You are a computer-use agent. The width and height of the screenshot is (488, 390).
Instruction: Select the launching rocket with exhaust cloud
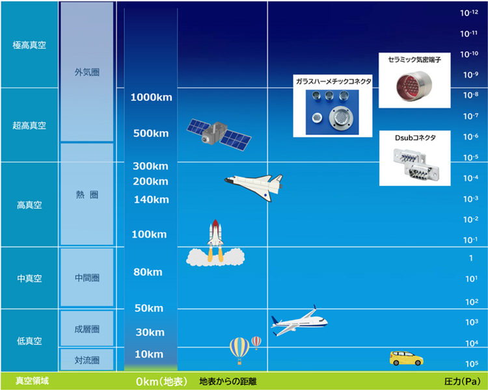pos(215,244)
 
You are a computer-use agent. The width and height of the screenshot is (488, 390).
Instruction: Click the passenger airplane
pos(299,321)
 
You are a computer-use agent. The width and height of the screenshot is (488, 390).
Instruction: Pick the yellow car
pos(406,358)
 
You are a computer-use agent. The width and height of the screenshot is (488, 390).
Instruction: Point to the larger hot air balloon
pos(239,350)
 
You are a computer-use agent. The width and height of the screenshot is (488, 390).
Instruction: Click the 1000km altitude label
pos(151,97)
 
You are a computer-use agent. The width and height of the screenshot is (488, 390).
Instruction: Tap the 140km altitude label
pos(151,200)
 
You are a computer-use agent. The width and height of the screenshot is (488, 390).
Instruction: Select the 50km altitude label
pos(149,308)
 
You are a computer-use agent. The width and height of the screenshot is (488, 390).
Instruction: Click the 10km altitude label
pos(149,354)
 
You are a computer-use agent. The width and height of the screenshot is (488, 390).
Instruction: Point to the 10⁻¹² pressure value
pos(469,12)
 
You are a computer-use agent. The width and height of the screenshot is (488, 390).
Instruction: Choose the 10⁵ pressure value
pos(472,363)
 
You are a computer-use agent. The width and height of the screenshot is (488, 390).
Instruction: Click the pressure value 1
pos(471,258)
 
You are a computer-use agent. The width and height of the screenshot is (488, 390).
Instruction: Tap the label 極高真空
pos(29,45)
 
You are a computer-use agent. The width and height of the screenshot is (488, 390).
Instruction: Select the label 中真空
pos(29,278)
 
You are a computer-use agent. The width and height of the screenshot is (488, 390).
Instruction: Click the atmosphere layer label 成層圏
pos(87,329)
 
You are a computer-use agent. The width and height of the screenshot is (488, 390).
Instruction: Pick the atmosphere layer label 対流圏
pos(87,360)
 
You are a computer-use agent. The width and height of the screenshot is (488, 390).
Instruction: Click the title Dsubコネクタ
pos(415,138)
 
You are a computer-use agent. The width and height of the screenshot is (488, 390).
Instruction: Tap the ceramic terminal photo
pos(414,86)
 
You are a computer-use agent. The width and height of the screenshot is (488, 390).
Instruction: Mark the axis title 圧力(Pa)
pos(462,382)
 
